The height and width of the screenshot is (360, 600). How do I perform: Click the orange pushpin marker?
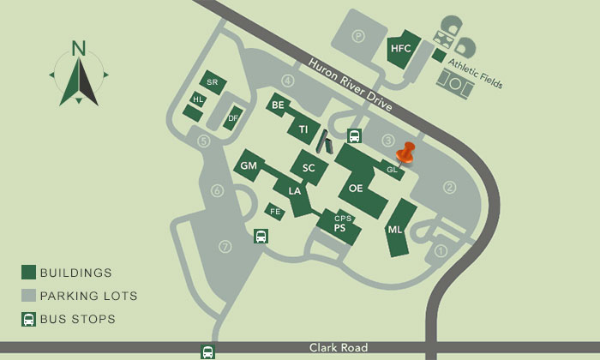coord(405,154)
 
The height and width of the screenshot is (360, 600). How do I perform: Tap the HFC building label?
coord(401,49)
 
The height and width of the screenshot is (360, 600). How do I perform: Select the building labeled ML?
coord(395,230)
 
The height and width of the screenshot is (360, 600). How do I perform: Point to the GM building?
coord(249,165)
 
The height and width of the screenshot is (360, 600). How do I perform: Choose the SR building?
coord(213,82)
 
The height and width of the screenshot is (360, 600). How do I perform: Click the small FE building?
coord(275,211)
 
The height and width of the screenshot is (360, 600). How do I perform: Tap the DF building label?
coord(232,118)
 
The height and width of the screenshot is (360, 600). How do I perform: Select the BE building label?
coord(277,105)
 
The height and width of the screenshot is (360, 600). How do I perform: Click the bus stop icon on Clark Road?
coord(207,351)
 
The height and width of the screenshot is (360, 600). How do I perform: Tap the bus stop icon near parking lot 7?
coord(260,237)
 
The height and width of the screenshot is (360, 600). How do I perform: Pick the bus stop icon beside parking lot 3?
coord(354,135)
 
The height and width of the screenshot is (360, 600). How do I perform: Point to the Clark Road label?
coord(339,348)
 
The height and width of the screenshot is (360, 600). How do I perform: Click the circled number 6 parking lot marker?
coord(218,190)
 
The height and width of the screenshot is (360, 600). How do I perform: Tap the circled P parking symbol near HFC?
coord(358,37)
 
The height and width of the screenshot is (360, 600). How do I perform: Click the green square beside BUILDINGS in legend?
coord(28,273)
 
